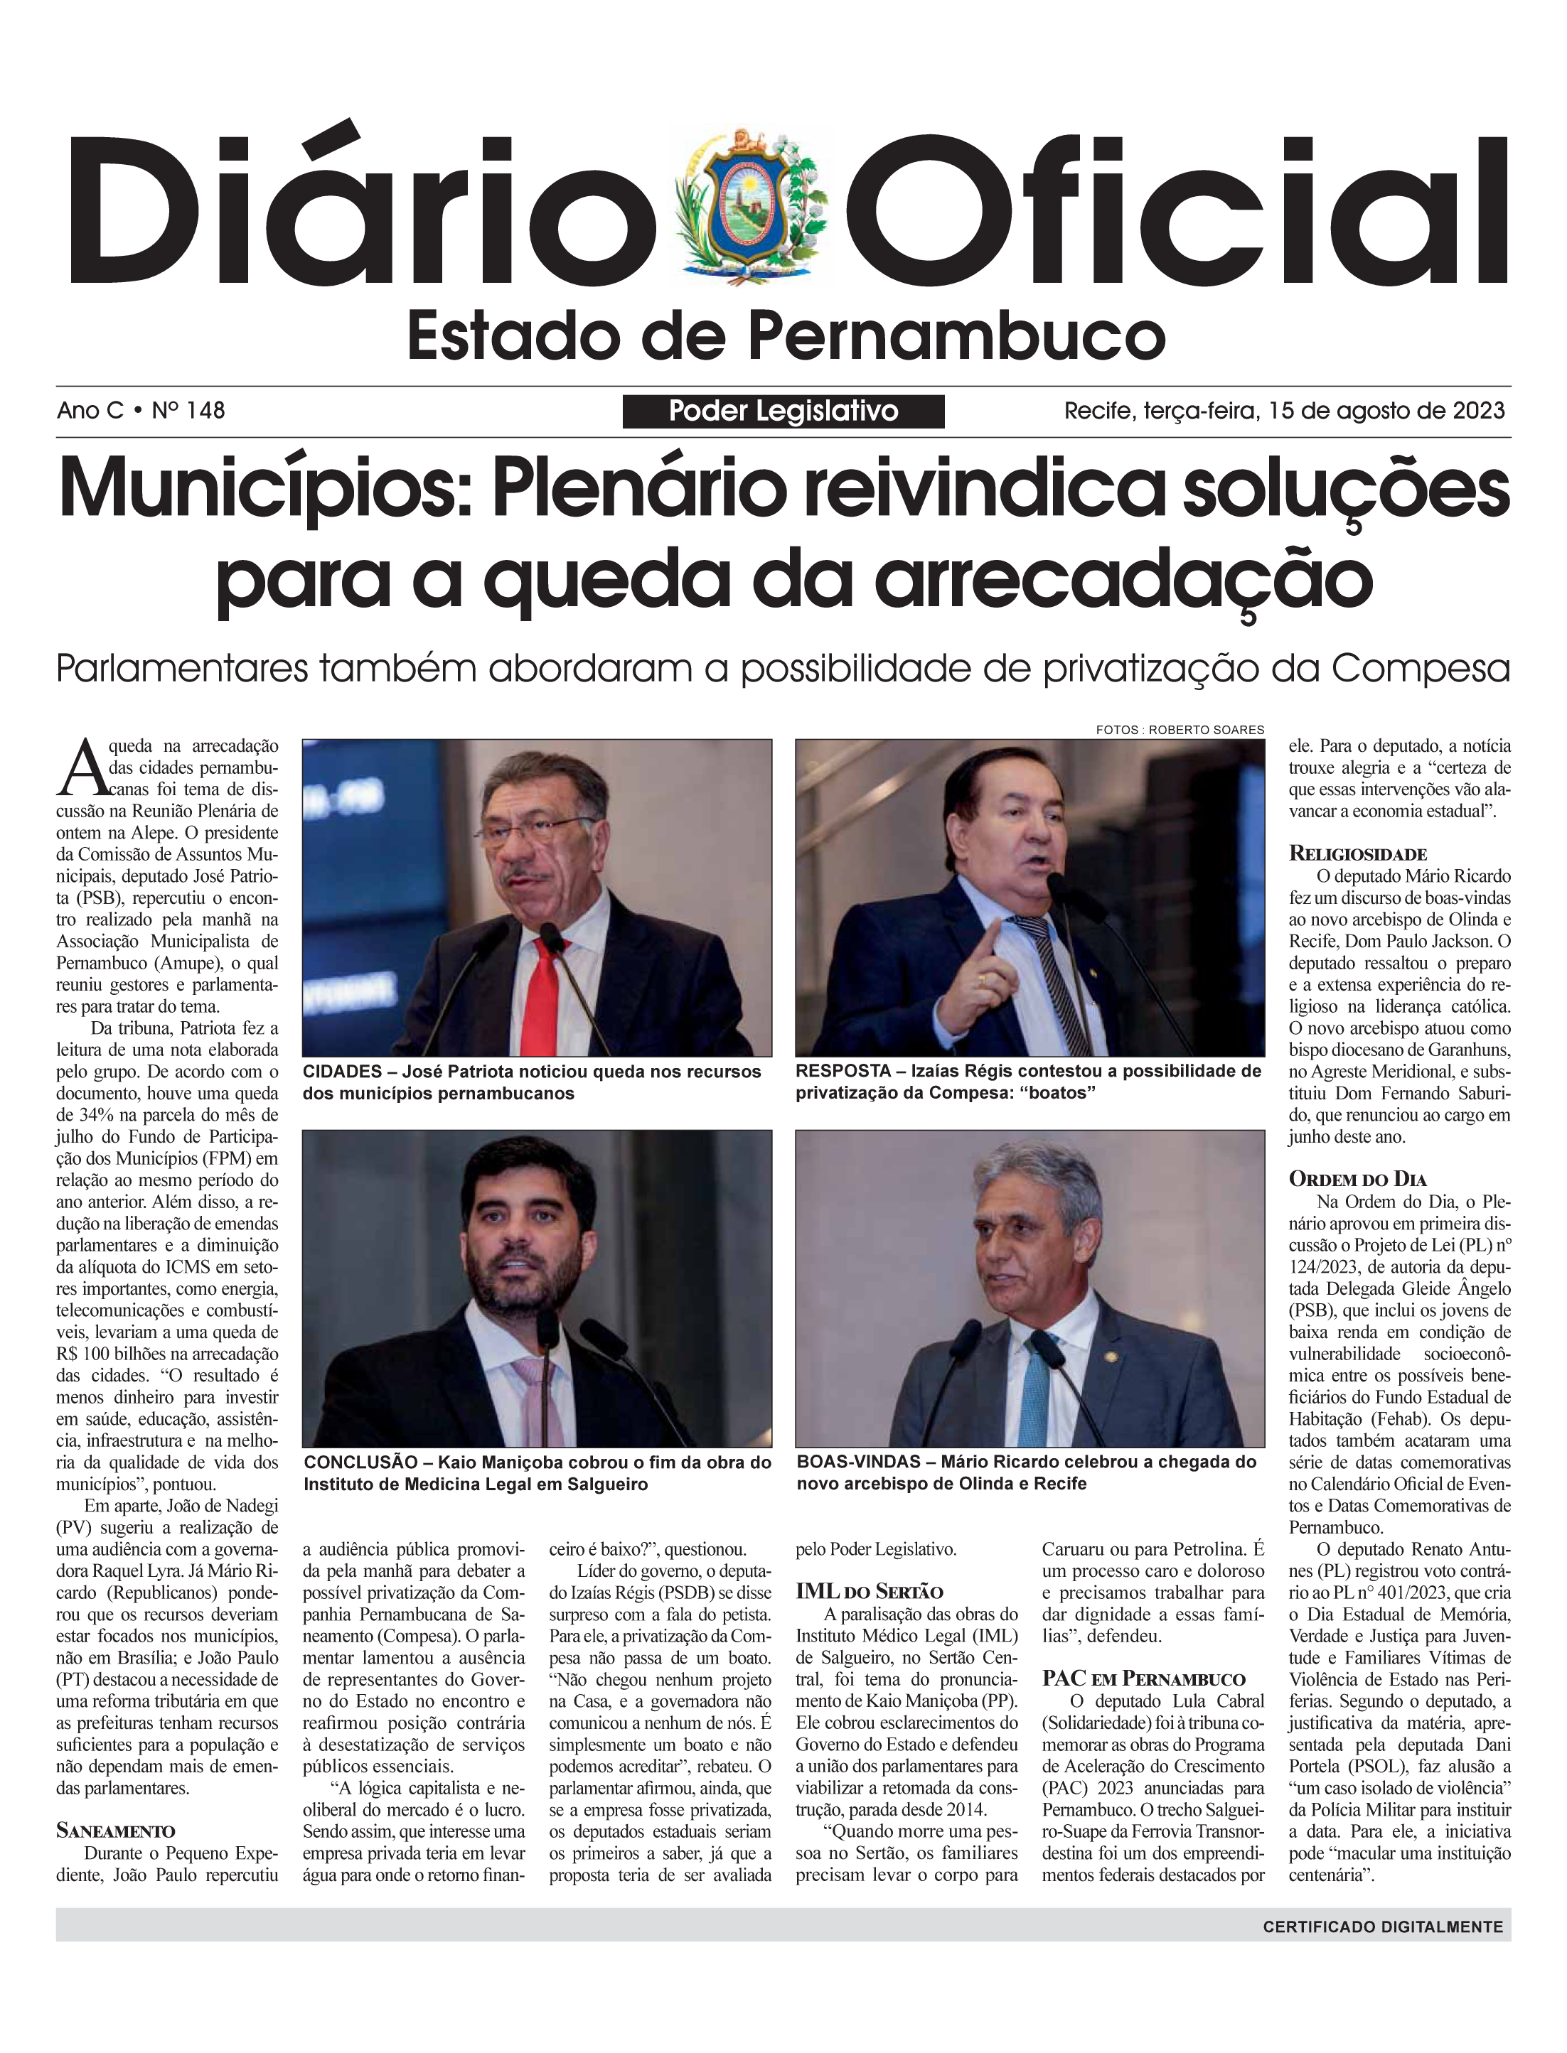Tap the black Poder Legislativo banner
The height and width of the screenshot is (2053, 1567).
(x=783, y=411)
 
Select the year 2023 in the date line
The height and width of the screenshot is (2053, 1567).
(x=1477, y=410)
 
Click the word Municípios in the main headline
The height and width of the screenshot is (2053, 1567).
(x=266, y=490)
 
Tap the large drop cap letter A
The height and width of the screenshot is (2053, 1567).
(x=80, y=765)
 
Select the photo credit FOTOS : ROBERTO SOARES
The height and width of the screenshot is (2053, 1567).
(x=1180, y=730)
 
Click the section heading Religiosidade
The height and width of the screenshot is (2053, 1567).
(x=1357, y=853)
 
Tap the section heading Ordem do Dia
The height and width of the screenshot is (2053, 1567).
(x=1357, y=1178)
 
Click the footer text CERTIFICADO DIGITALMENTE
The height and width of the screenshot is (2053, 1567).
(x=1382, y=1927)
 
